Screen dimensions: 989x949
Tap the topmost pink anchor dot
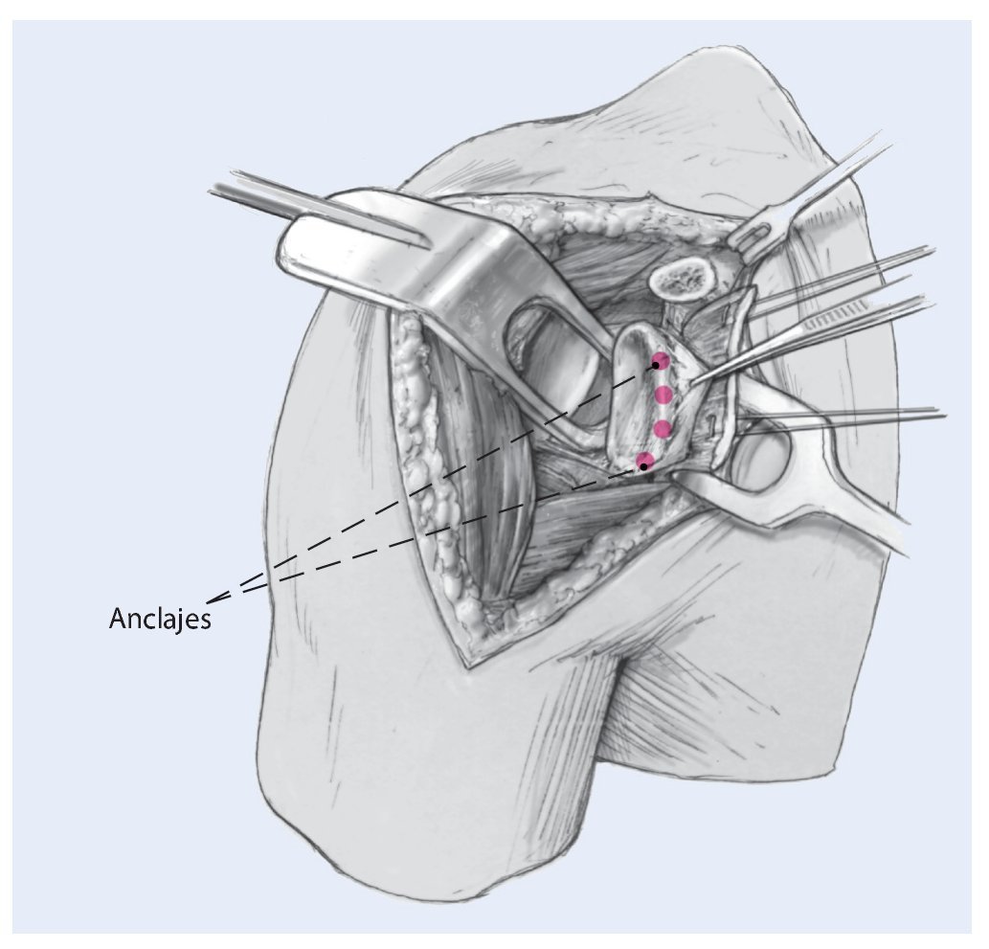click(660, 362)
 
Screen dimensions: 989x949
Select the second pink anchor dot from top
click(663, 395)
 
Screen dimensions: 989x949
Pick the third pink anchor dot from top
click(661, 427)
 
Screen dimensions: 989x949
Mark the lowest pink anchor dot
click(645, 463)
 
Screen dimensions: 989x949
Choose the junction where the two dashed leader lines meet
click(213, 600)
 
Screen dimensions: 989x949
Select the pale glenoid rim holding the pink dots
click(640, 402)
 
